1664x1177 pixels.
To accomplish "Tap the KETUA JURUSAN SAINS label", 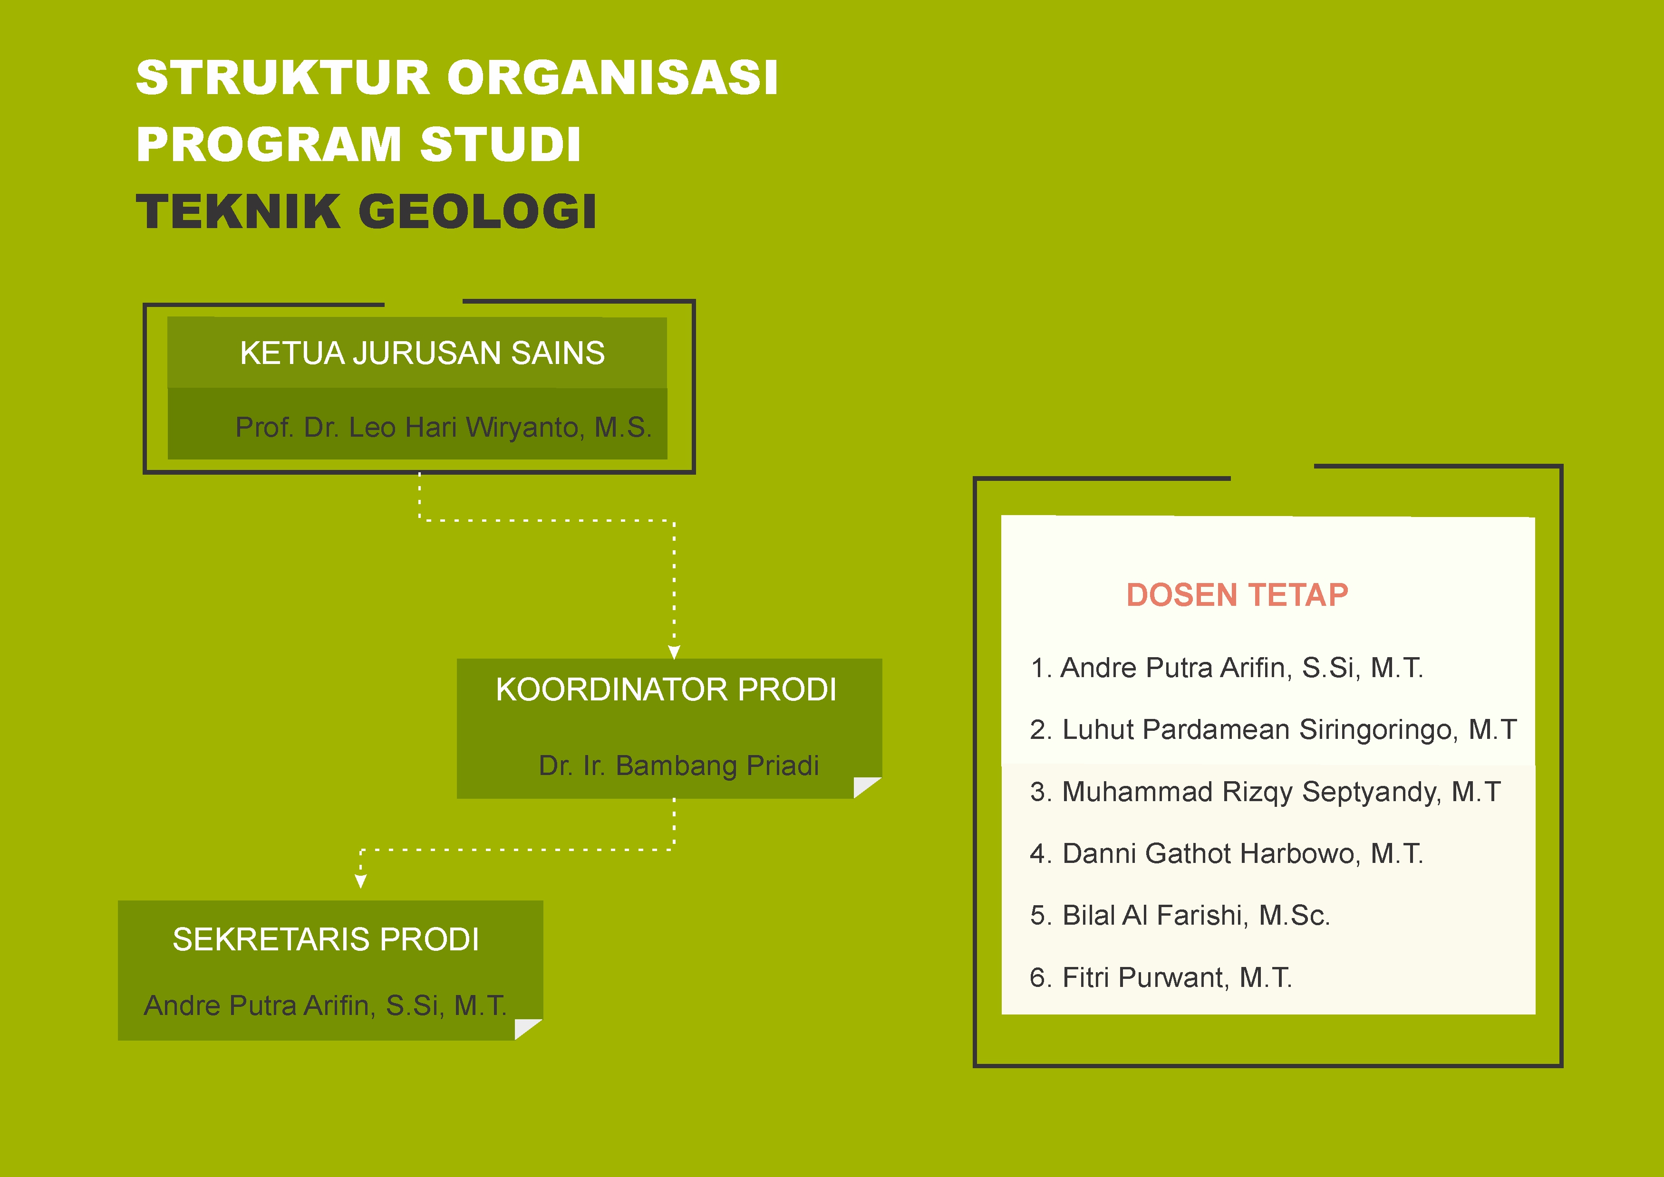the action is pos(422,353).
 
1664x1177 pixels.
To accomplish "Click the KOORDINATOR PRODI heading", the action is pos(666,689).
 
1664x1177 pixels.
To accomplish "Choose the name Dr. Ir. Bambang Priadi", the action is pos(678,766).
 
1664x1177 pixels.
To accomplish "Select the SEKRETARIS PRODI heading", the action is pos(326,939).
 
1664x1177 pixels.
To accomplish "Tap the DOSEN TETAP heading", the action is pos(1237,595).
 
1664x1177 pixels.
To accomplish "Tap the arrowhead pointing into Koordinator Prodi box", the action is pos(674,652).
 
